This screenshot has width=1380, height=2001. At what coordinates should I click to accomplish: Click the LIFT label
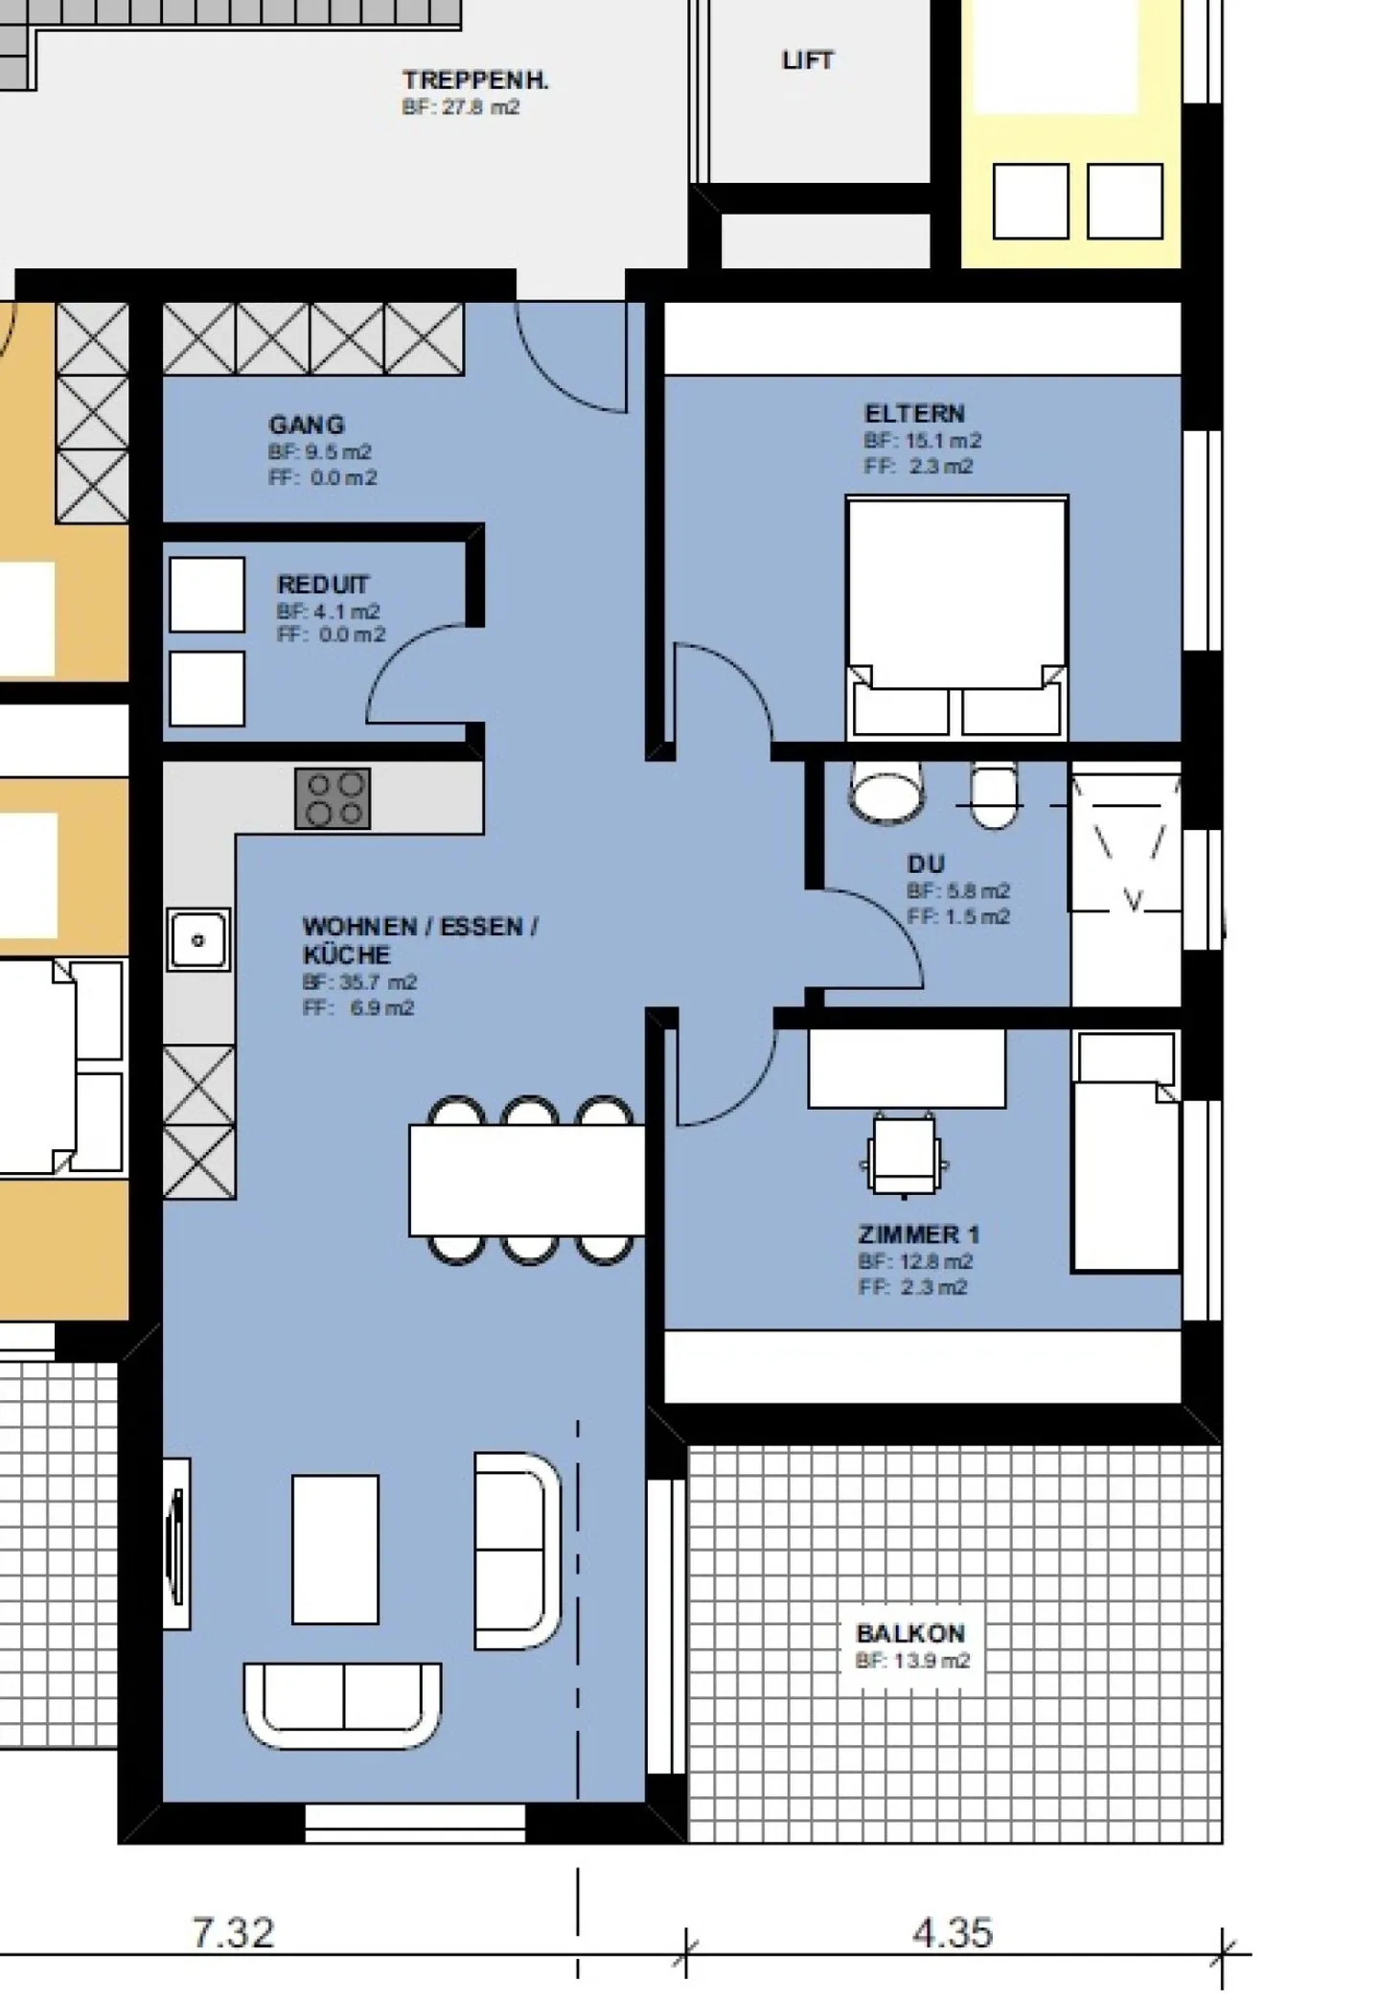tap(807, 60)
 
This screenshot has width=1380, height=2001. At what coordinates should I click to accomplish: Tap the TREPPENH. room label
tap(475, 80)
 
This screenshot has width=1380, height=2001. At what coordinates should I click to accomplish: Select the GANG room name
tap(306, 425)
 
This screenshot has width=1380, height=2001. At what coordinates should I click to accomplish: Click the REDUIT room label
tap(323, 585)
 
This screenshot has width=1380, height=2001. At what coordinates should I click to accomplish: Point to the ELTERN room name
tap(914, 414)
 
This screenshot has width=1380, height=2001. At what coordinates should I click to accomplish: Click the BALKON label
tap(910, 1633)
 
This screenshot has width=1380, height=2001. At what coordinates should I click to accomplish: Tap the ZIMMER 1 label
tap(918, 1234)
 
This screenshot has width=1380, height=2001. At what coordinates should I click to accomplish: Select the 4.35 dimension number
tap(952, 1932)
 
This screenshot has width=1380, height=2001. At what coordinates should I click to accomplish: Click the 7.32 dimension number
tap(233, 1932)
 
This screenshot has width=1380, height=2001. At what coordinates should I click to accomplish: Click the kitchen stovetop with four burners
tap(333, 798)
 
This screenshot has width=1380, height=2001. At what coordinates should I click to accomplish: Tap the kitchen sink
tap(198, 940)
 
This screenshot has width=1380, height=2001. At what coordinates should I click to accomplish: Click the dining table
tap(527, 1181)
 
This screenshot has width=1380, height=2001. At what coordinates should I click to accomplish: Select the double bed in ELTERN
tap(956, 617)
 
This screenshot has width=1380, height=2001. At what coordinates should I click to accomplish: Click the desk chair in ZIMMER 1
tap(904, 1156)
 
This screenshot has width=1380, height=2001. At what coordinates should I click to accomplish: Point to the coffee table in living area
tap(335, 1549)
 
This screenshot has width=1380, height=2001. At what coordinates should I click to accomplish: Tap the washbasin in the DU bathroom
tap(887, 793)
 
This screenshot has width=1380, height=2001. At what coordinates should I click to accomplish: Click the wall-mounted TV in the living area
tap(176, 1544)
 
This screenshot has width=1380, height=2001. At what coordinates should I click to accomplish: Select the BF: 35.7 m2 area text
tap(359, 982)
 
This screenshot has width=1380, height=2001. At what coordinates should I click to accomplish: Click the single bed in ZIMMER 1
tap(1125, 1152)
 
